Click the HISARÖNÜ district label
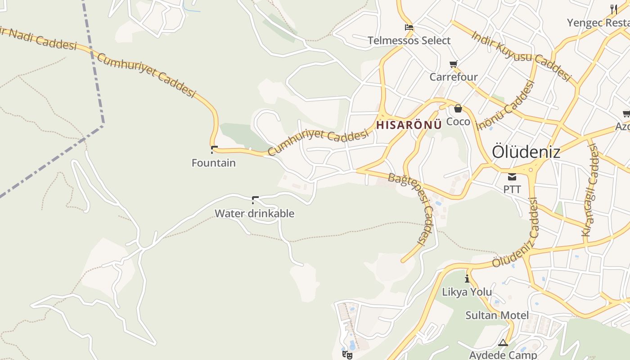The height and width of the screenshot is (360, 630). (x=409, y=125)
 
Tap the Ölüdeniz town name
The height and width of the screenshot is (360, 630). (x=526, y=152)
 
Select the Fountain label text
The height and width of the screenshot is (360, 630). (x=213, y=163)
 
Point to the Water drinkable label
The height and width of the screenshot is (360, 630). (x=254, y=213)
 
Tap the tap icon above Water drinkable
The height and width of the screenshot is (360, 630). (x=255, y=200)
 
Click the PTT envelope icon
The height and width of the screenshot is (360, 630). (x=512, y=177)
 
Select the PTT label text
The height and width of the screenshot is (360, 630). (x=512, y=189)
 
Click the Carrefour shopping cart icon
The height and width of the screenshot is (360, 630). (x=453, y=64)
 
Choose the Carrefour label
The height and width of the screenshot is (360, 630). (x=453, y=77)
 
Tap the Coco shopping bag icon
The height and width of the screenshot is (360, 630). (x=458, y=108)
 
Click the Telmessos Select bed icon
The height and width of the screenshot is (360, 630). (x=409, y=27)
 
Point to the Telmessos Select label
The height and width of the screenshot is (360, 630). (x=409, y=40)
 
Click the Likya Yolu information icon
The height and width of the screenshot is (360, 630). (x=467, y=279)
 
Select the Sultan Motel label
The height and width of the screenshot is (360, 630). (x=497, y=315)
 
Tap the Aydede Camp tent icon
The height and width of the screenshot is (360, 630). (x=503, y=343)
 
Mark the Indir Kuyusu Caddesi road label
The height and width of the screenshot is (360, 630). (x=521, y=56)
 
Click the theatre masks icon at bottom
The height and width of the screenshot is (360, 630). (x=347, y=355)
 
